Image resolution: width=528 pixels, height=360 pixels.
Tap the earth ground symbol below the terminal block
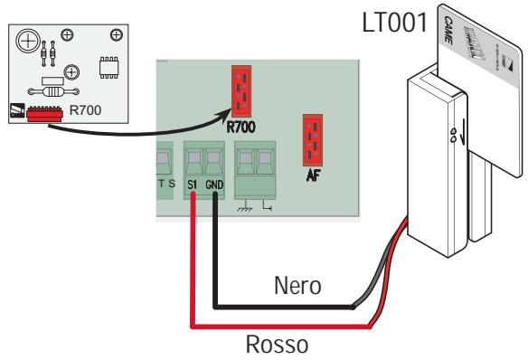[x=241, y=207]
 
